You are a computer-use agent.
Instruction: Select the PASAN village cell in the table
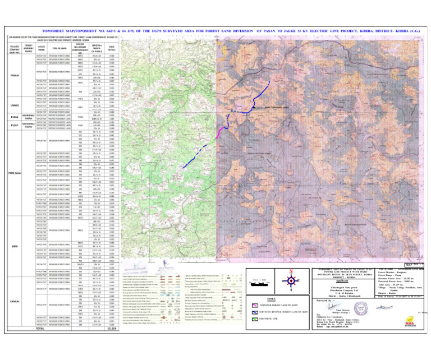[x=16, y=75]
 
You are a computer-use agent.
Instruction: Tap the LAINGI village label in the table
[x=16, y=105]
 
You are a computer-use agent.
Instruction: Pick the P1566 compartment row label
[x=16, y=117]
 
